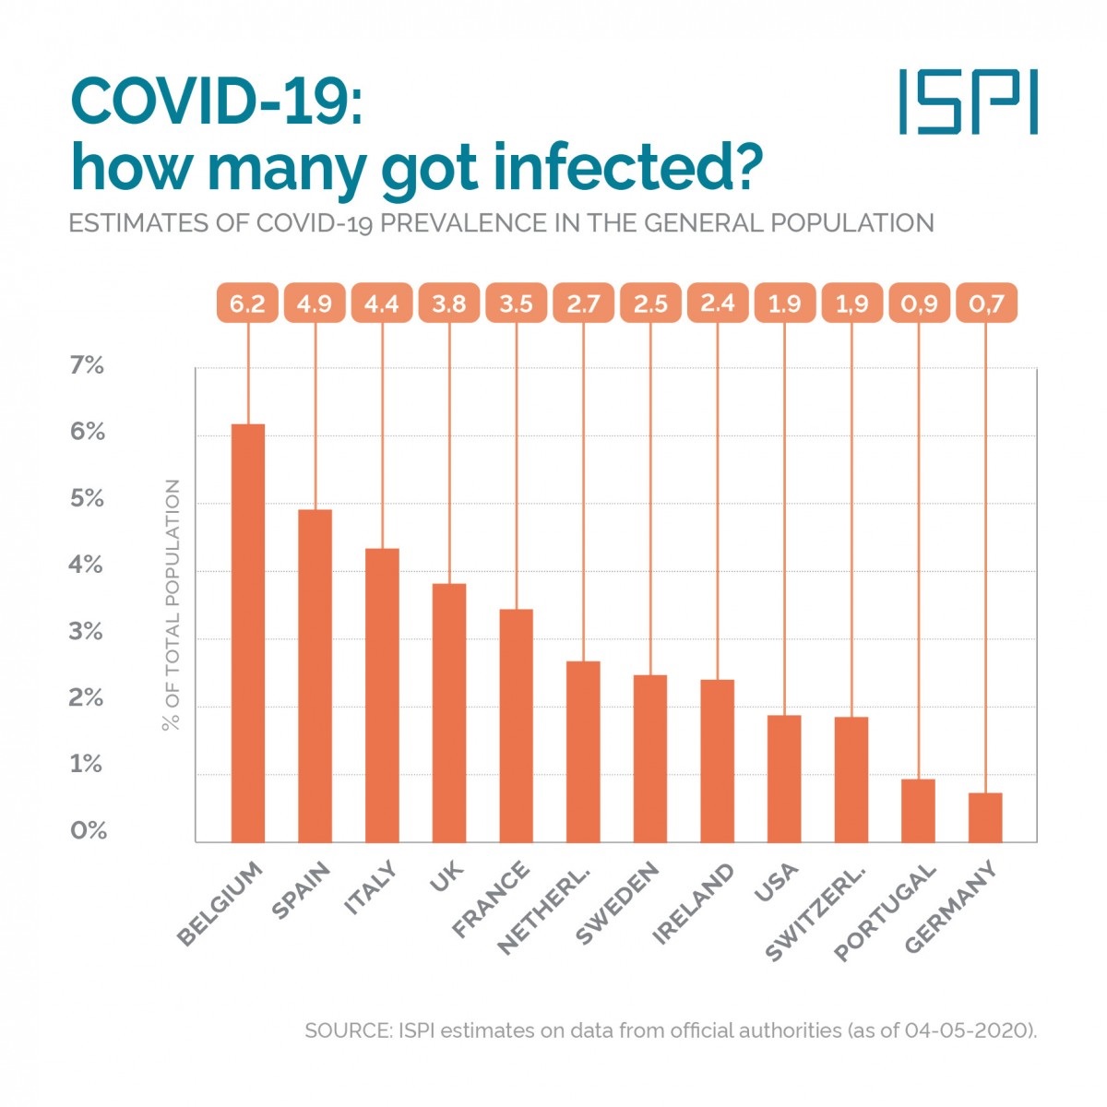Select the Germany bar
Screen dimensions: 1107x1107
pyautogui.click(x=985, y=817)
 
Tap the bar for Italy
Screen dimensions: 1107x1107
pyautogui.click(x=382, y=696)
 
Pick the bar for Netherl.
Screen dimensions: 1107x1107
pyautogui.click(x=583, y=752)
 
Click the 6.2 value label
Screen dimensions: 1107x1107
pyautogui.click(x=247, y=304)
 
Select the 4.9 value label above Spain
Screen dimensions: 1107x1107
pyautogui.click(x=315, y=304)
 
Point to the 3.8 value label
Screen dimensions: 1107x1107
pyautogui.click(x=449, y=304)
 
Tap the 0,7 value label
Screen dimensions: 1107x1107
pyautogui.click(x=985, y=304)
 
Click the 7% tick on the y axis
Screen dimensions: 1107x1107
pyautogui.click(x=87, y=366)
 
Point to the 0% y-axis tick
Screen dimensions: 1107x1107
pyautogui.click(x=89, y=831)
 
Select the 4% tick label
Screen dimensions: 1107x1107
pyautogui.click(x=87, y=565)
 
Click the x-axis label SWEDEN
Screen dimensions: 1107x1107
pyautogui.click(x=617, y=903)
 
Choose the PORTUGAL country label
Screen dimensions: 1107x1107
pyautogui.click(x=886, y=911)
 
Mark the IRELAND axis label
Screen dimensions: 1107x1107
pyautogui.click(x=693, y=904)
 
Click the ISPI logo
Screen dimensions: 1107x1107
pyautogui.click(x=969, y=101)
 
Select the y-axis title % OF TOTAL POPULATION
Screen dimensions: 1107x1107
pyautogui.click(x=172, y=605)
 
